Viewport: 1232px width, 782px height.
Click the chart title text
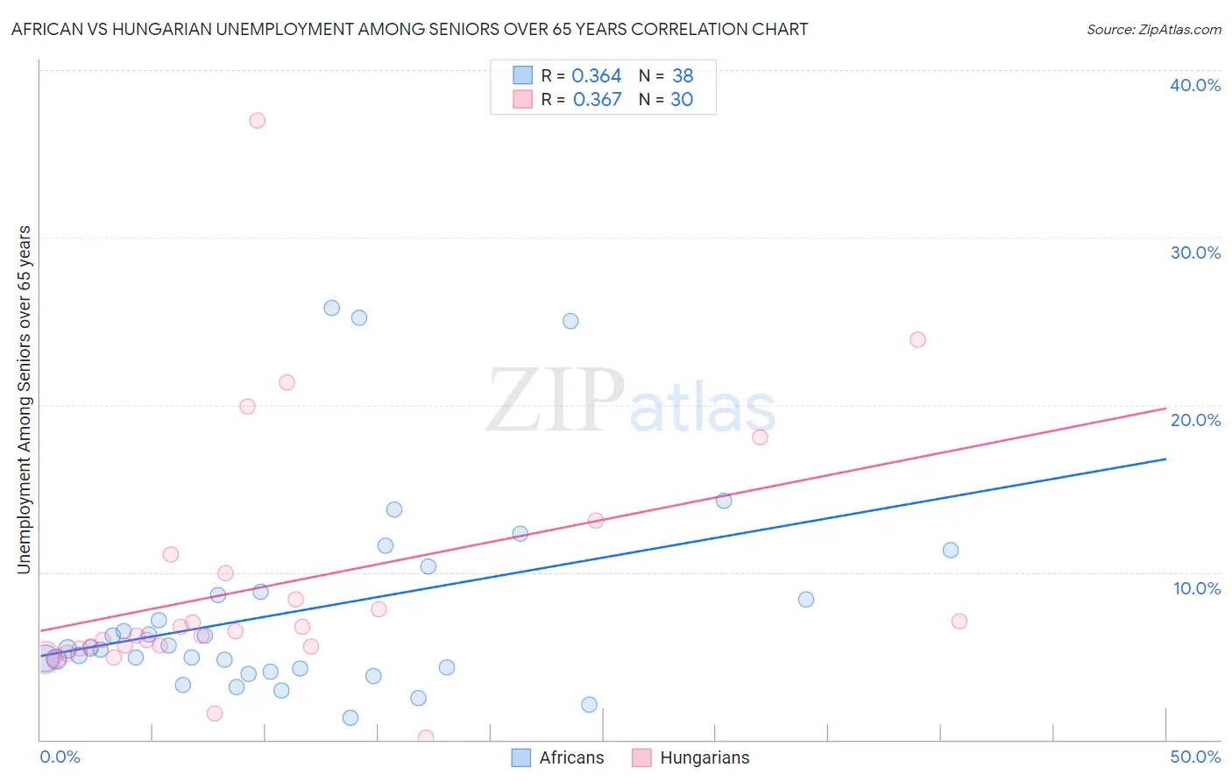click(409, 29)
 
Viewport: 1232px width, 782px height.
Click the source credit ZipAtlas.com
click(1153, 29)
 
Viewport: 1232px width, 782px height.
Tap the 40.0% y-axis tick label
click(1195, 85)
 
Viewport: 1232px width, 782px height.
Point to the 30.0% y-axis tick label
click(1195, 252)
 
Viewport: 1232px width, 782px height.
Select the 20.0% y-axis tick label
click(1195, 420)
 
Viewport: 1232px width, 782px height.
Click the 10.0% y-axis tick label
click(1196, 588)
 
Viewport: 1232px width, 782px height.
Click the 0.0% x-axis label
click(60, 757)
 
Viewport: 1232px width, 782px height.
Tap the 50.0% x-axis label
click(1195, 757)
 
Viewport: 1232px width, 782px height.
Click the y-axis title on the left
click(24, 400)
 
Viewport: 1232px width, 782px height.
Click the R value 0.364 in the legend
click(597, 76)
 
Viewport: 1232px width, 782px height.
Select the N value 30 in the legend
click(682, 100)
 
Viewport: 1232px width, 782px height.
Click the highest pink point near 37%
click(257, 120)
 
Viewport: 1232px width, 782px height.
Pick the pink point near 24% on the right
click(917, 339)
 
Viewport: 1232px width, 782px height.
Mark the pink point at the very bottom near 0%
click(426, 737)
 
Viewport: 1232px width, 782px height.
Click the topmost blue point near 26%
click(331, 308)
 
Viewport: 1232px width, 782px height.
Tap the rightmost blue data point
click(950, 551)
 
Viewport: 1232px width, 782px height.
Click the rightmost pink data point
click(959, 622)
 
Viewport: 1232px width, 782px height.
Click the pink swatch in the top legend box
click(522, 99)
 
